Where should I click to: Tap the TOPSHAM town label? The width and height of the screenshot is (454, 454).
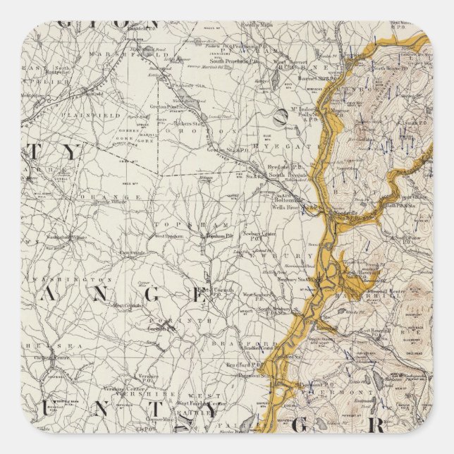(173, 221)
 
